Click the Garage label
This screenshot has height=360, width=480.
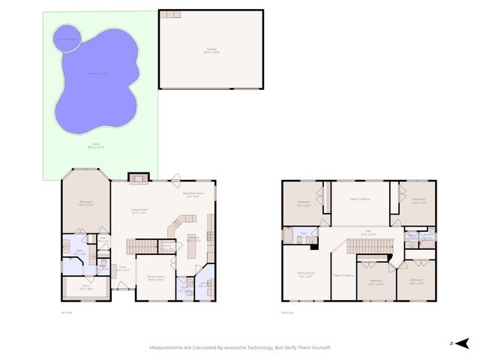(211, 49)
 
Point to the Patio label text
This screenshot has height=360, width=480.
(96, 145)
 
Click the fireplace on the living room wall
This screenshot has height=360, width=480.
(137, 178)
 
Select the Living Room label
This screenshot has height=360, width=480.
(139, 211)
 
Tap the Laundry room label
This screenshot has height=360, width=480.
(204, 285)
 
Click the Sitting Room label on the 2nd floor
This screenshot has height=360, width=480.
(306, 275)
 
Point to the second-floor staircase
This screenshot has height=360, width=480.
(370, 247)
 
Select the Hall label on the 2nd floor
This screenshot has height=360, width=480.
(368, 232)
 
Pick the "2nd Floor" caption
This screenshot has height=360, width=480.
(286, 312)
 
